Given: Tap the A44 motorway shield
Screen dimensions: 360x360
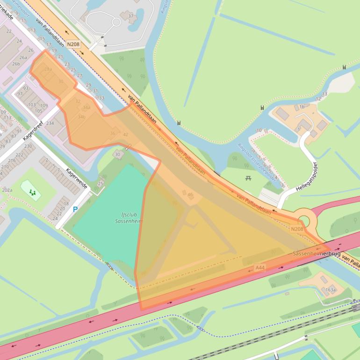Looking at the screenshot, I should [x=260, y=267].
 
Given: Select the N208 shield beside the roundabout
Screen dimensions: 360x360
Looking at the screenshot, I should [x=297, y=229].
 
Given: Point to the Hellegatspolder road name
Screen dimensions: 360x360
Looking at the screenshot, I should [x=307, y=177].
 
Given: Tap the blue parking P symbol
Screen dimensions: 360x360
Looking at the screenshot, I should [x=75, y=209].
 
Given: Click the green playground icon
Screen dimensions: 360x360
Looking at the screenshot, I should [x=32, y=192].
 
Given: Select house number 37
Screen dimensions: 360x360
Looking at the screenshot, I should [x=130, y=16].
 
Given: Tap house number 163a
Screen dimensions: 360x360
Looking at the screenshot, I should [x=331, y=290].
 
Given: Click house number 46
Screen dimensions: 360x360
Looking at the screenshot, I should [x=190, y=194].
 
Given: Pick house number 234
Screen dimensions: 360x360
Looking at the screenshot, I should [x=50, y=123].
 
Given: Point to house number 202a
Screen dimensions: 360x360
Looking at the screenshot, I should [x=7, y=190].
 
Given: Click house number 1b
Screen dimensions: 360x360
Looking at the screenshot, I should [x=302, y=107].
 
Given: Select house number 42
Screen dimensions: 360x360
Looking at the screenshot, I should [x=125, y=135].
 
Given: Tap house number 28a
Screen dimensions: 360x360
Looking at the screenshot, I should [x=48, y=69].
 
